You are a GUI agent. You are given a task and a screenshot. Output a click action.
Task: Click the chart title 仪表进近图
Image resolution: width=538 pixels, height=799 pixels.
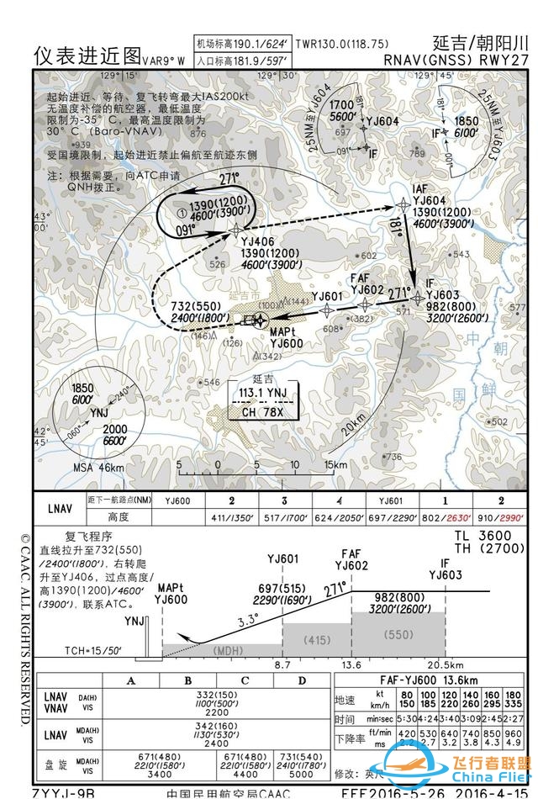tap(87, 55)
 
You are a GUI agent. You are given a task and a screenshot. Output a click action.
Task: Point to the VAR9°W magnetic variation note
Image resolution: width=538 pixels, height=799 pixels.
tap(163, 60)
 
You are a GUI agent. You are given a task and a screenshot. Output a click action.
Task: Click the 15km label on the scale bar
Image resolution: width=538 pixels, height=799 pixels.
tap(335, 464)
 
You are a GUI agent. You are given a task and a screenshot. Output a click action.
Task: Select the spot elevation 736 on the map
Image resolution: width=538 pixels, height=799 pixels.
tap(392, 457)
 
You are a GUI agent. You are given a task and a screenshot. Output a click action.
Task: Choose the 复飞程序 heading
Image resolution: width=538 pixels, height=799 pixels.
tap(89, 535)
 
